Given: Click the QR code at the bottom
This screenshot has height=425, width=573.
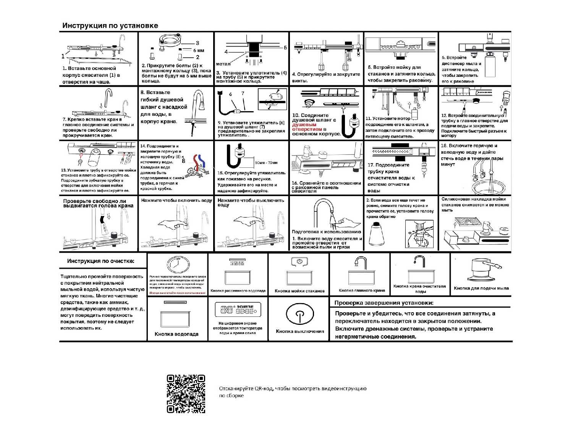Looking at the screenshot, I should pyautogui.click(x=186, y=394).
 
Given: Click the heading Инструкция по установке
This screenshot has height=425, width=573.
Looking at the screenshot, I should pyautogui.click(x=110, y=26).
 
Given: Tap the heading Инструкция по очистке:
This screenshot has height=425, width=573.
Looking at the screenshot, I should pyautogui.click(x=101, y=261).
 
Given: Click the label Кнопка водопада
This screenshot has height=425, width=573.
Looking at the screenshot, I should pyautogui.click(x=176, y=334).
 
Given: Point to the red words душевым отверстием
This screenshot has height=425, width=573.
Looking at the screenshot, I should pyautogui.click(x=304, y=127).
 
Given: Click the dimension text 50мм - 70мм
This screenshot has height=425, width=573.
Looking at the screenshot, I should pyautogui.click(x=266, y=163).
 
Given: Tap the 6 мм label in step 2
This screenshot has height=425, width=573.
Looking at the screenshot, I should pyautogui.click(x=199, y=50).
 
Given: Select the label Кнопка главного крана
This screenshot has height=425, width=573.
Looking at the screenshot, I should pyautogui.click(x=362, y=290).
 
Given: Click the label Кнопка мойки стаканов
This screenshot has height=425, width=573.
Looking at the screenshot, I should pyautogui.click(x=299, y=291).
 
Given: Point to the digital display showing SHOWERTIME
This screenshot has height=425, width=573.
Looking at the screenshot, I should pyautogui.click(x=238, y=309).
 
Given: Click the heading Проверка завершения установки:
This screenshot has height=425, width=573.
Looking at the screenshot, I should pyautogui.click(x=384, y=303).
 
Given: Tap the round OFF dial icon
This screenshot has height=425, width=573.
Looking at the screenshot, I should pyautogui.click(x=178, y=264).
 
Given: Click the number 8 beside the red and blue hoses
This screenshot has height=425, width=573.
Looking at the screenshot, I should pyautogui.click(x=183, y=161).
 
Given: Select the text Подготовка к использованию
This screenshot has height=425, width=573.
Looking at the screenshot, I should pyautogui.click(x=326, y=232).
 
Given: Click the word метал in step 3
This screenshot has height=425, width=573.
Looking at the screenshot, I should pyautogui.click(x=223, y=64).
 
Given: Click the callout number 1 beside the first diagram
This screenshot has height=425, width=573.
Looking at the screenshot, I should pyautogui.click(x=63, y=56).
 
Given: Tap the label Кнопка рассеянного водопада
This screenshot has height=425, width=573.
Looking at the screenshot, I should pyautogui.click(x=238, y=291).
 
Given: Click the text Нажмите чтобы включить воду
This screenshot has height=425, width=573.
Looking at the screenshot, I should pyautogui.click(x=176, y=200).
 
